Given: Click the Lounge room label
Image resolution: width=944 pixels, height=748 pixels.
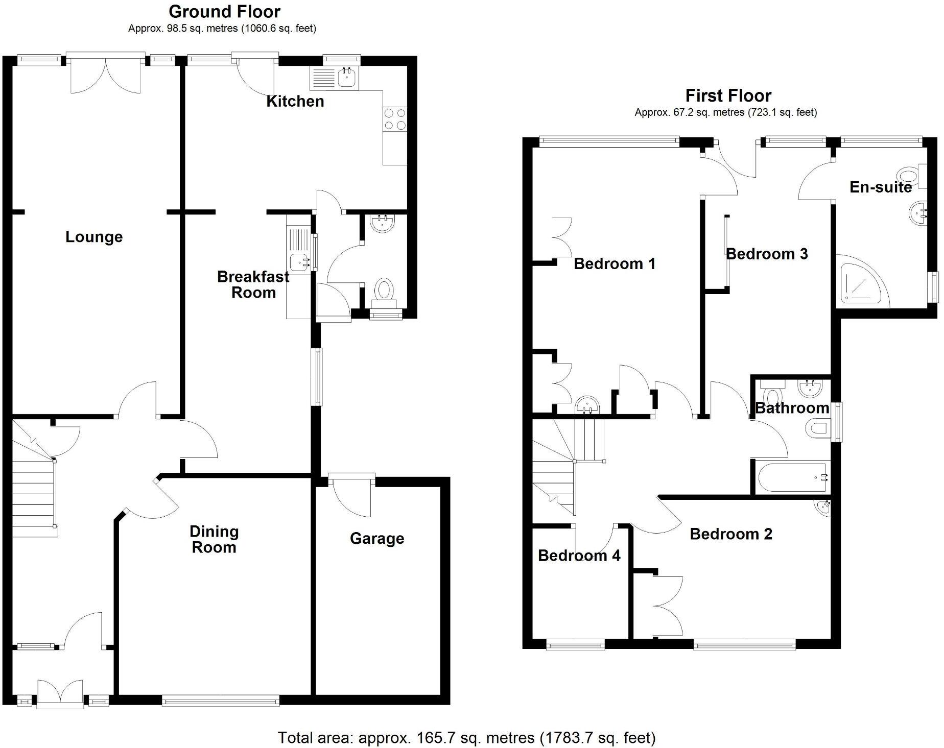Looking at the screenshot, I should (x=94, y=237).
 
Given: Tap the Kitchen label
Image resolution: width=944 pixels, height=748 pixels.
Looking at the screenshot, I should (x=295, y=101).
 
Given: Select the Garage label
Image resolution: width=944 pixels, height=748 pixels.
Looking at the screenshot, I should (x=377, y=538).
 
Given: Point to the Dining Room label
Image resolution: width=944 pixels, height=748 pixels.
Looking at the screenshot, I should (x=214, y=539).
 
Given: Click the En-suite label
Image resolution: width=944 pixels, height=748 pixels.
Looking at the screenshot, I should (x=881, y=187).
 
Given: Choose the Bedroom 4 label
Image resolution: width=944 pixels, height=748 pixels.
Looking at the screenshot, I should (x=579, y=556).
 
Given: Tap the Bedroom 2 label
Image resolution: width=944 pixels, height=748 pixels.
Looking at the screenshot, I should (x=731, y=534).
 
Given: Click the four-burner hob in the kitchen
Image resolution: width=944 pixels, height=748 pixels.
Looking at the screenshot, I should (x=395, y=119).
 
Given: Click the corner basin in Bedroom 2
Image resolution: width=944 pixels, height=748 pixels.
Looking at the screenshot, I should (x=822, y=508).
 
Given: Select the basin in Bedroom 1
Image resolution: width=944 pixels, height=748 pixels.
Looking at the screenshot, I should (x=587, y=405).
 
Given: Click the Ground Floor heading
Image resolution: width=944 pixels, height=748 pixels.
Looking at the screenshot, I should (x=224, y=11).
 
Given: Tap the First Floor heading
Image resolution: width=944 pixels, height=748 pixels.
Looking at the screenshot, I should (x=728, y=95).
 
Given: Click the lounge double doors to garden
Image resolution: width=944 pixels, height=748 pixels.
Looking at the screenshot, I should (x=105, y=74).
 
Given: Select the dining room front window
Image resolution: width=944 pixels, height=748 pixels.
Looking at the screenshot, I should (x=221, y=701).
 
